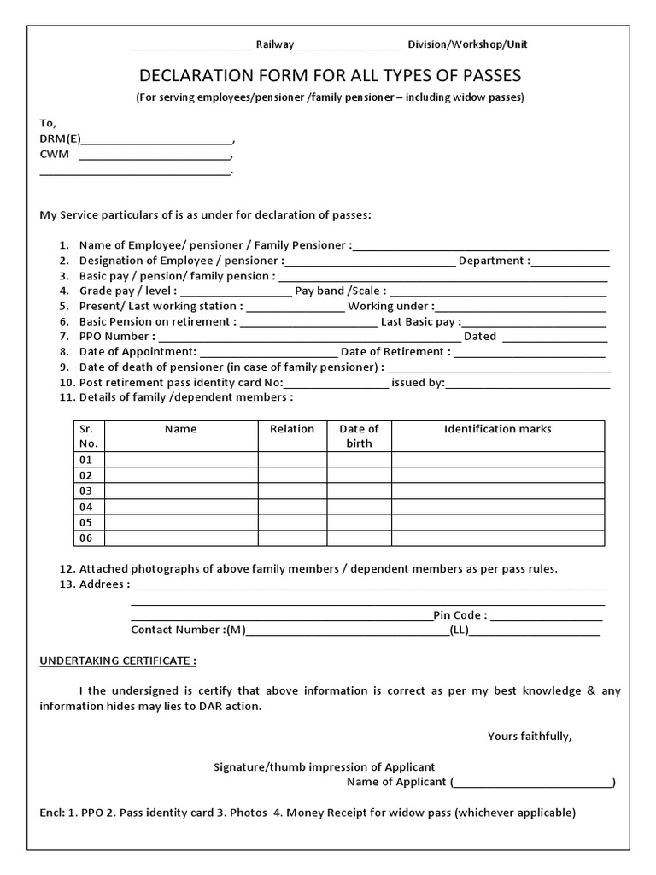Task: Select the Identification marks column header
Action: coord(497,429)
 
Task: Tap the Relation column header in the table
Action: coord(292,429)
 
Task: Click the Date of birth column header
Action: coord(359,436)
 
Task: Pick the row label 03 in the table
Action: coord(85,491)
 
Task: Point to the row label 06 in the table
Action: coord(85,538)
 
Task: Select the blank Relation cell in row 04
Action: coord(292,507)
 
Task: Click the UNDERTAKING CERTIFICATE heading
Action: coord(118,661)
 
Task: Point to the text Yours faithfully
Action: coord(530,736)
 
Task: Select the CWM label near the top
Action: coord(54,155)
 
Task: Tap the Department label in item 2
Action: coord(494,261)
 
